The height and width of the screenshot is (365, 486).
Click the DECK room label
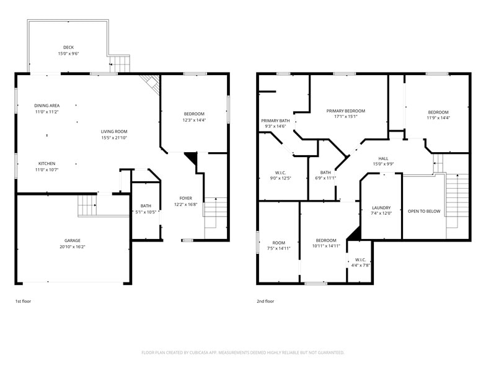tap(68, 47)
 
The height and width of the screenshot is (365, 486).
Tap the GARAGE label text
tap(72, 241)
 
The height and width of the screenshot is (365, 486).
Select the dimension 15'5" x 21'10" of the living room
tap(114, 138)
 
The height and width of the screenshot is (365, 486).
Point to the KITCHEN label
tap(47, 164)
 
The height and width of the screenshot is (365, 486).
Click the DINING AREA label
tap(47, 106)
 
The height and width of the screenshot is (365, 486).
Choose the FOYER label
tap(186, 199)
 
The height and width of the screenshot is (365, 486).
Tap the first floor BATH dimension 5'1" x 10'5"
tap(146, 212)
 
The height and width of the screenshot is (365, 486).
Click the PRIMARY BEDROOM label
tap(346, 110)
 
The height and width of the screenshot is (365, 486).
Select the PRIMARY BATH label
tap(275, 120)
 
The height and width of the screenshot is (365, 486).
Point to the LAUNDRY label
tap(381, 207)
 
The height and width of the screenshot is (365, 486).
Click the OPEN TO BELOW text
tap(424, 211)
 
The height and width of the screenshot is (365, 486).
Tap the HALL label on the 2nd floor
tap(383, 159)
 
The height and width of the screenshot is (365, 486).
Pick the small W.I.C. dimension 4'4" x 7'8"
tap(361, 266)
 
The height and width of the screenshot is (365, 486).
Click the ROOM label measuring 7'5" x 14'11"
tap(279, 243)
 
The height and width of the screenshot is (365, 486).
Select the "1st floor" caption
tap(24, 301)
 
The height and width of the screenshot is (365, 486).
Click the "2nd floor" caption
tap(265, 301)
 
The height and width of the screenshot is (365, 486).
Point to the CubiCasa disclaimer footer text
tap(243, 353)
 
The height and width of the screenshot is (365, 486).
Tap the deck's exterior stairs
tap(120, 64)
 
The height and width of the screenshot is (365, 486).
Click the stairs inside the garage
tap(87, 205)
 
